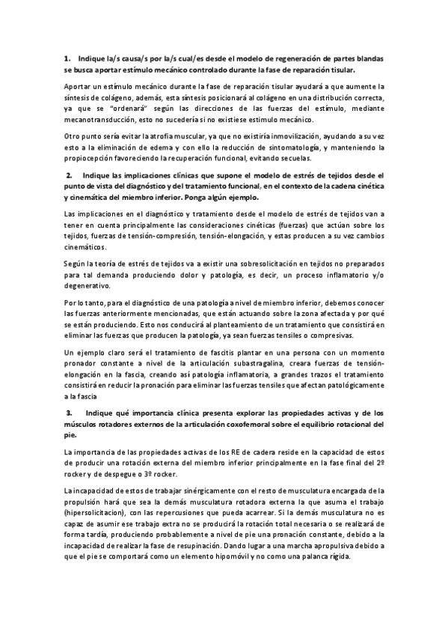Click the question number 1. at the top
(67, 58)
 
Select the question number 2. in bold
(69, 174)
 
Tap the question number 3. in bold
(69, 413)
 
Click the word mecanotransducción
(98, 118)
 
